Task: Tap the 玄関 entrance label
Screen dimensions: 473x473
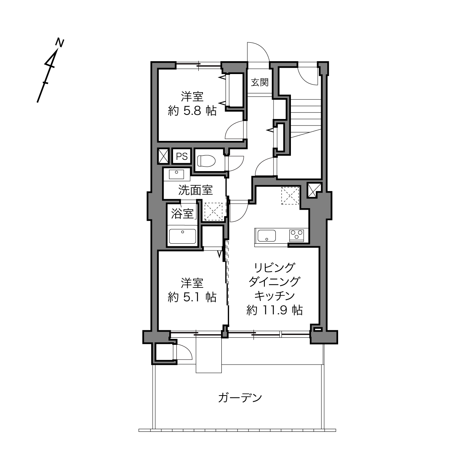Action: [260, 82]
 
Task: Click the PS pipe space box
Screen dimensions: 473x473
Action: [182, 156]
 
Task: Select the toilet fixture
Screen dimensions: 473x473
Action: [206, 161]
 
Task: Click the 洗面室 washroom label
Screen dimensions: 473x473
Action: [195, 190]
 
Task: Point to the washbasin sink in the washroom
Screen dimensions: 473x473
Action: [176, 174]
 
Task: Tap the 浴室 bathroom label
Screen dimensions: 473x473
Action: [182, 213]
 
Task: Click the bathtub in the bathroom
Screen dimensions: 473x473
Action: [182, 236]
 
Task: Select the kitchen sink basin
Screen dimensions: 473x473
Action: [266, 235]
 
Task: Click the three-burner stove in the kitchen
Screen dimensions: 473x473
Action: [297, 235]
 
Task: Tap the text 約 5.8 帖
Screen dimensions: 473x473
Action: [192, 111]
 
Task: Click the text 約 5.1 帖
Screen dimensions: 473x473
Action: [192, 297]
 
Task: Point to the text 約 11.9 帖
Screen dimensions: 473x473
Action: [274, 311]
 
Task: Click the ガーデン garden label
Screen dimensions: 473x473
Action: [240, 398]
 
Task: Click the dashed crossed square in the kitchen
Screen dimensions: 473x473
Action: [291, 195]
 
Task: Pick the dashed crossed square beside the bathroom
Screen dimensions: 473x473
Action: [213, 212]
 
